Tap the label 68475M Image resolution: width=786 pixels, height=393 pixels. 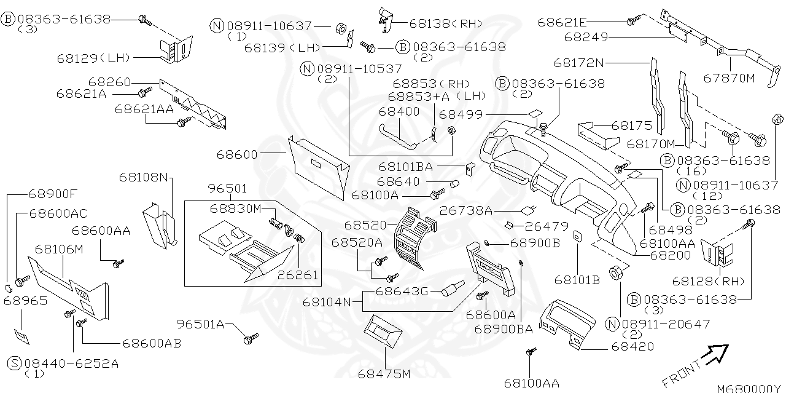385,373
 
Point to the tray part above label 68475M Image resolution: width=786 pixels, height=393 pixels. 383,332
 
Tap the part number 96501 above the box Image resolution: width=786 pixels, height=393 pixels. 227,188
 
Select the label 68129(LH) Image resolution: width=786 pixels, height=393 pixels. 94,58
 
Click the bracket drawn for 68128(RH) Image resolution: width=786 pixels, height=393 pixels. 717,252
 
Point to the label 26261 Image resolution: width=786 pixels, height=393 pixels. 298,275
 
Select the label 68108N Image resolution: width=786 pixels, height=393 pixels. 143,177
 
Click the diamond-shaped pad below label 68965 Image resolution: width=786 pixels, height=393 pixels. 23,335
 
